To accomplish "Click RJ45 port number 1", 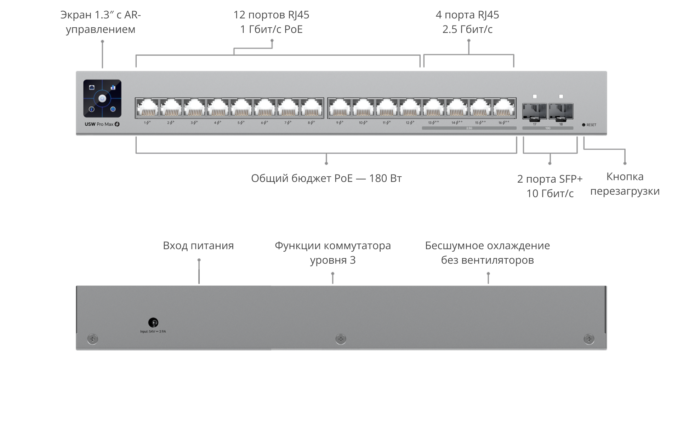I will (147, 108).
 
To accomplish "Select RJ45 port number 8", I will (311, 108).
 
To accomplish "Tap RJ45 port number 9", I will (340, 108).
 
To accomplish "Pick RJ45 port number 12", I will (410, 108).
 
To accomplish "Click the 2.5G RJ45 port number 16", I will (504, 108).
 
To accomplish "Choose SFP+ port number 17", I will (535, 111).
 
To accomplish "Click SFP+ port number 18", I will (561, 111).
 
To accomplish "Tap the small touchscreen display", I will (102, 98).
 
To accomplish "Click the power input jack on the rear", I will (153, 322).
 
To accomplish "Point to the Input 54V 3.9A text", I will (153, 332).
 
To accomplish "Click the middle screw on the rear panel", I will (341, 339).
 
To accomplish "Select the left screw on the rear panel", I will (92, 339).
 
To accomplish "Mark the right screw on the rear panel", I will (589, 339).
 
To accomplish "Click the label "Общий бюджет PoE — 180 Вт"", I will (326, 178).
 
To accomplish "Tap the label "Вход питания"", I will (198, 246).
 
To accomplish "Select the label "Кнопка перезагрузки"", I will (625, 184).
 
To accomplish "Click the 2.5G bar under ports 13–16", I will (469, 128).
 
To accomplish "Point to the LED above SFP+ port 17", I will (535, 96).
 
